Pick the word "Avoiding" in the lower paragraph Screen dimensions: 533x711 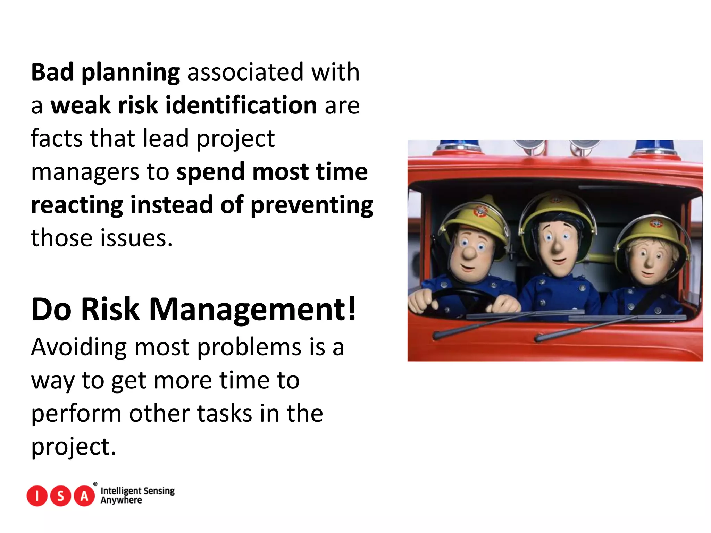point(79,347)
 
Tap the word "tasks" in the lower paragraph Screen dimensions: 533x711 point(225,414)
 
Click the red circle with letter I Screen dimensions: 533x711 point(37,496)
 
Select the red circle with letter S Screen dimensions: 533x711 point(61,496)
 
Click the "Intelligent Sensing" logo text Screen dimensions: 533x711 point(137,491)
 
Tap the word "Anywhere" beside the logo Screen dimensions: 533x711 point(121,500)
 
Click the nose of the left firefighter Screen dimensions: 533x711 point(470,253)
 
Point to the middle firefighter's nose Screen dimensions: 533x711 point(557,247)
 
